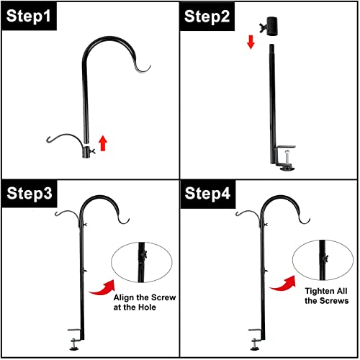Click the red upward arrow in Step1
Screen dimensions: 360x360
[102, 142]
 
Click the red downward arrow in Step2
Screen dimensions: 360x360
[251, 42]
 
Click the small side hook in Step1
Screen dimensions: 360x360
[63, 141]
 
